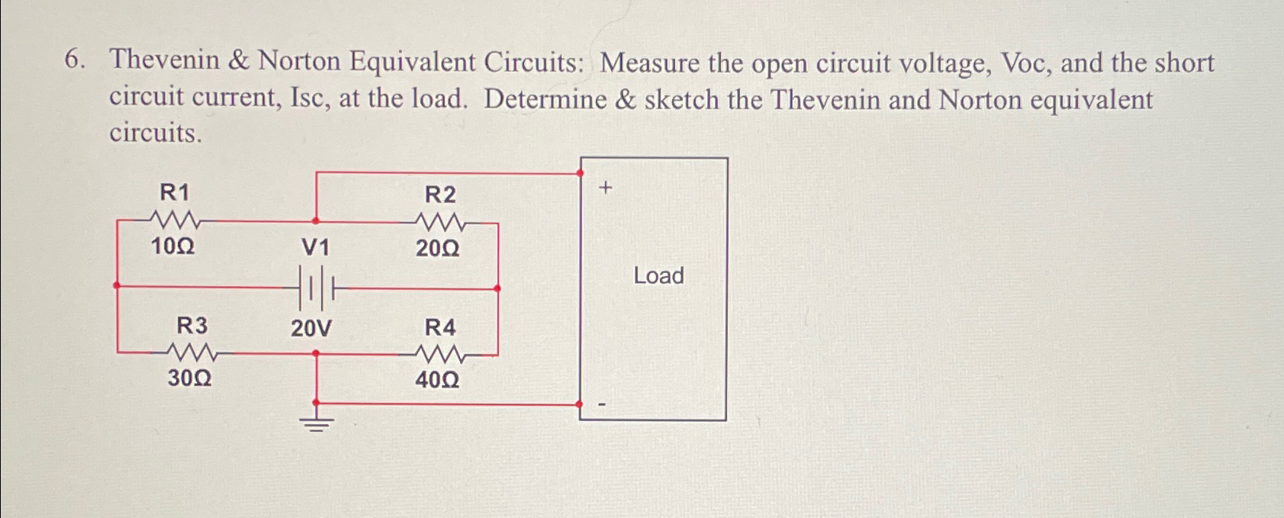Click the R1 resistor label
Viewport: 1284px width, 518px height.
pos(174,191)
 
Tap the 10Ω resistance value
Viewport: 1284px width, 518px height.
pos(172,246)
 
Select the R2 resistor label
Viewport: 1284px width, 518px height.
pos(439,195)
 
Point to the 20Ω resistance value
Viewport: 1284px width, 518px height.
pos(438,248)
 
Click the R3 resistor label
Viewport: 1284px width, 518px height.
pos(191,326)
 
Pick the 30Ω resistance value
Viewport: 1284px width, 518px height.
pos(189,378)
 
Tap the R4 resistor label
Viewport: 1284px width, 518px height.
pos(439,327)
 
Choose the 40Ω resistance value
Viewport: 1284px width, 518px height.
pos(437,379)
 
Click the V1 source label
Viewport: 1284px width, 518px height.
pos(315,247)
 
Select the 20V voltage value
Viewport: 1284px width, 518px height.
pos(311,329)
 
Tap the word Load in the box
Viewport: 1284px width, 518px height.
pos(658,275)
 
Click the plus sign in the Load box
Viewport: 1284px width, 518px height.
pos(605,187)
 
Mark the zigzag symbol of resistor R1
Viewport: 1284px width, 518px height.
pos(175,221)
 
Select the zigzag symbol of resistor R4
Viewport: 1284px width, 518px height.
pos(440,354)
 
